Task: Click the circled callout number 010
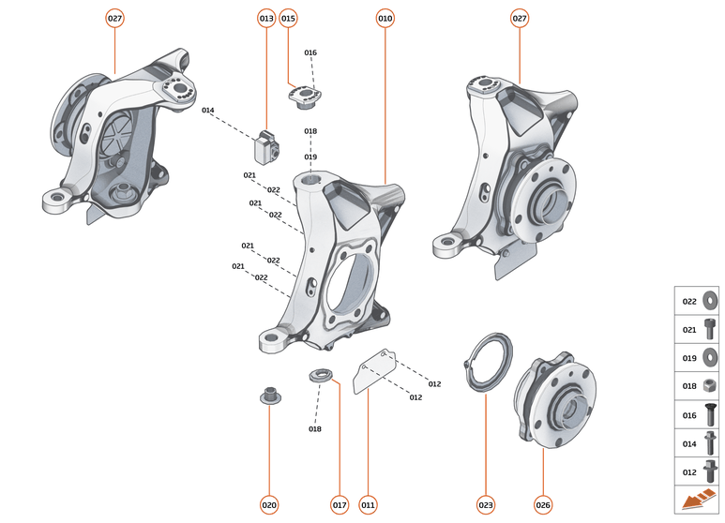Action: point(385,18)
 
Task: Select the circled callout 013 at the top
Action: point(266,18)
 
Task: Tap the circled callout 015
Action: point(288,18)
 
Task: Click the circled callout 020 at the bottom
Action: point(269,505)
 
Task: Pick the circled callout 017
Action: point(340,505)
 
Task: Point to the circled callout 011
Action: point(368,505)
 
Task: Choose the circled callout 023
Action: point(486,505)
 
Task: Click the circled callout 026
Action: point(543,505)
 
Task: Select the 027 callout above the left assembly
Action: point(114,18)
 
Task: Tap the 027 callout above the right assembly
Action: point(520,18)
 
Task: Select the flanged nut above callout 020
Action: point(269,394)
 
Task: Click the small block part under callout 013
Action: point(266,145)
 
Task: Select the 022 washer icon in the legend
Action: point(710,302)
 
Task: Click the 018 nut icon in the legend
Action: point(710,385)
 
